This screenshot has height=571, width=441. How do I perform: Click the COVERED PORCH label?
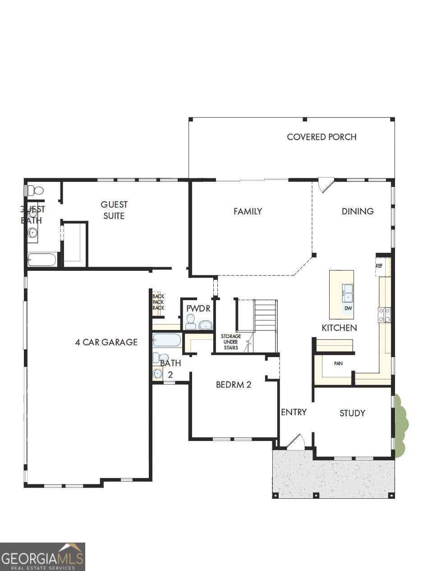click(322, 137)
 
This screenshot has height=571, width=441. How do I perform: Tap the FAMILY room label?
click(248, 211)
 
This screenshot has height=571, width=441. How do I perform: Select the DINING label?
click(357, 211)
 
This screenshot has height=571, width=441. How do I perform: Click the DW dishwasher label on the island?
click(348, 308)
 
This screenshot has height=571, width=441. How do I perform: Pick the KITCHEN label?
click(339, 328)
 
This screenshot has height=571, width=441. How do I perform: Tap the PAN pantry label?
click(338, 363)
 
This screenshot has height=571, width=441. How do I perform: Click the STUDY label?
click(352, 413)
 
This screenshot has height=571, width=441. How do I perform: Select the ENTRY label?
click(294, 412)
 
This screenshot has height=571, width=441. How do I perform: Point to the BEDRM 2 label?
click(233, 385)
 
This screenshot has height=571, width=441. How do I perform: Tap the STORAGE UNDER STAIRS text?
click(230, 342)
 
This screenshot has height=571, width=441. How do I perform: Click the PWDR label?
click(198, 308)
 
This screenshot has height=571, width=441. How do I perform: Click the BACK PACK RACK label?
click(158, 302)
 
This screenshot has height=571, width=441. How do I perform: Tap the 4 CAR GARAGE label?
click(106, 342)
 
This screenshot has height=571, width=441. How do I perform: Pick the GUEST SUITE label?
click(114, 210)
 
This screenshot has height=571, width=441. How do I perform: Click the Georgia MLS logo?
click(42, 557)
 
